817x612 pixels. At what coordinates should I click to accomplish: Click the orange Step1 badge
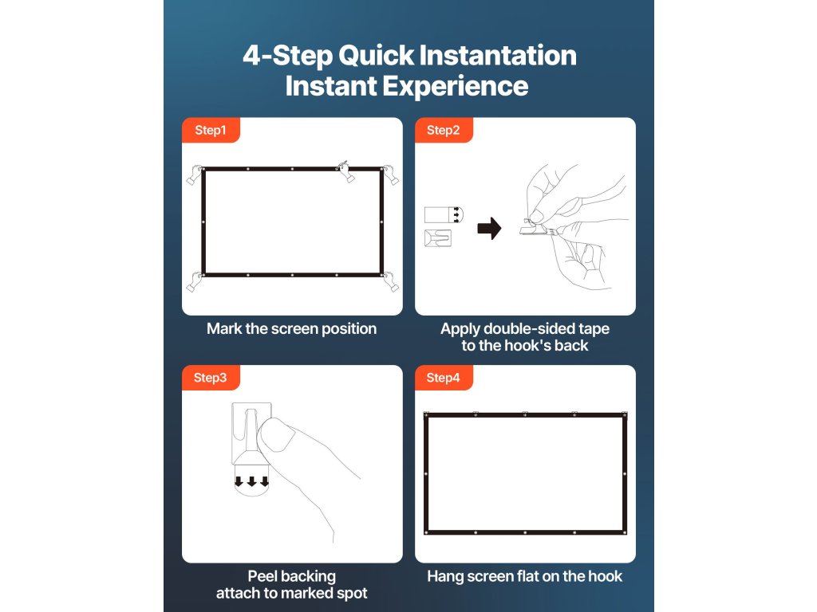pos(211,130)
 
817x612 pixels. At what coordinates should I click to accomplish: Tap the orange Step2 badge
pos(444,130)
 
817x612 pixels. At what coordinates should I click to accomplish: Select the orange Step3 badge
pos(211,378)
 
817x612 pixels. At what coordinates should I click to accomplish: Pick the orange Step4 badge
pos(444,378)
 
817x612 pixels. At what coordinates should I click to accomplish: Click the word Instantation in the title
pos(497,55)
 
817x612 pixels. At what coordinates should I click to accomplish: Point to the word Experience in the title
pos(456,87)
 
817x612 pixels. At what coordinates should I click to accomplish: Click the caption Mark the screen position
pos(292,329)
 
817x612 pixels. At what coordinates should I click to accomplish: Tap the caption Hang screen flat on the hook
pos(525,577)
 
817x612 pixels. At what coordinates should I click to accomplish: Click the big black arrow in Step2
pos(489,229)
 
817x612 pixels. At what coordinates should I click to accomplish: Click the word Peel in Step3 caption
pos(262,577)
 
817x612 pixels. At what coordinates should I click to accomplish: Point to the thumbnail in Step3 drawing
pos(275,434)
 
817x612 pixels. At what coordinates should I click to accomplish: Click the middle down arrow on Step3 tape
pos(252,481)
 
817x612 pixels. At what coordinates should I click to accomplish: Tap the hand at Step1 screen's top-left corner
pos(195,175)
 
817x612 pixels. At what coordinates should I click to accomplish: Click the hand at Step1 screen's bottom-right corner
pos(391,281)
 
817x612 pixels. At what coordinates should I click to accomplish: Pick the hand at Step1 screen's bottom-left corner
pos(195,281)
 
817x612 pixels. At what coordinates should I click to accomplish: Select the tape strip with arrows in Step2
pos(444,215)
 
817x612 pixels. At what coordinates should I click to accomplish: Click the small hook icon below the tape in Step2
pos(438,238)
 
